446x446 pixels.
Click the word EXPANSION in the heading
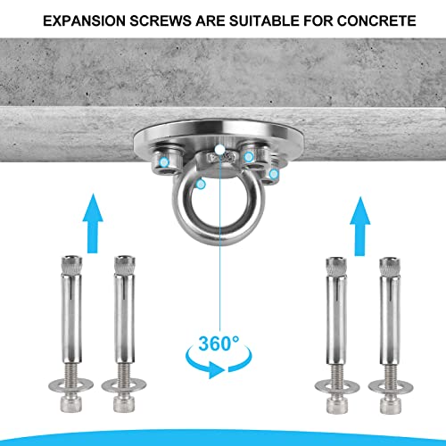(85, 21)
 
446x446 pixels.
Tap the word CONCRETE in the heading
(376, 21)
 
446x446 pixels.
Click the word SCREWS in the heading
(161, 21)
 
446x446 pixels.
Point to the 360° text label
(219, 343)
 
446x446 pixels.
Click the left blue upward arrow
(93, 224)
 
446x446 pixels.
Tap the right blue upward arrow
(359, 227)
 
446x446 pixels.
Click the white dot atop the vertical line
(219, 149)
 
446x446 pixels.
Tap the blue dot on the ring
(202, 185)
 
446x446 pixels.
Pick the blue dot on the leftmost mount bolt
(164, 162)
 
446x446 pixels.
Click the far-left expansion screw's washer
(70, 385)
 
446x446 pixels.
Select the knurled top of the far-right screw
(390, 267)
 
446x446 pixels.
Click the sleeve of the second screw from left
(124, 318)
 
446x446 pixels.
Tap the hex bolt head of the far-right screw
(390, 404)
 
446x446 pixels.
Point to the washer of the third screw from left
(337, 387)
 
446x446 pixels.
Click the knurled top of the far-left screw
(71, 265)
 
